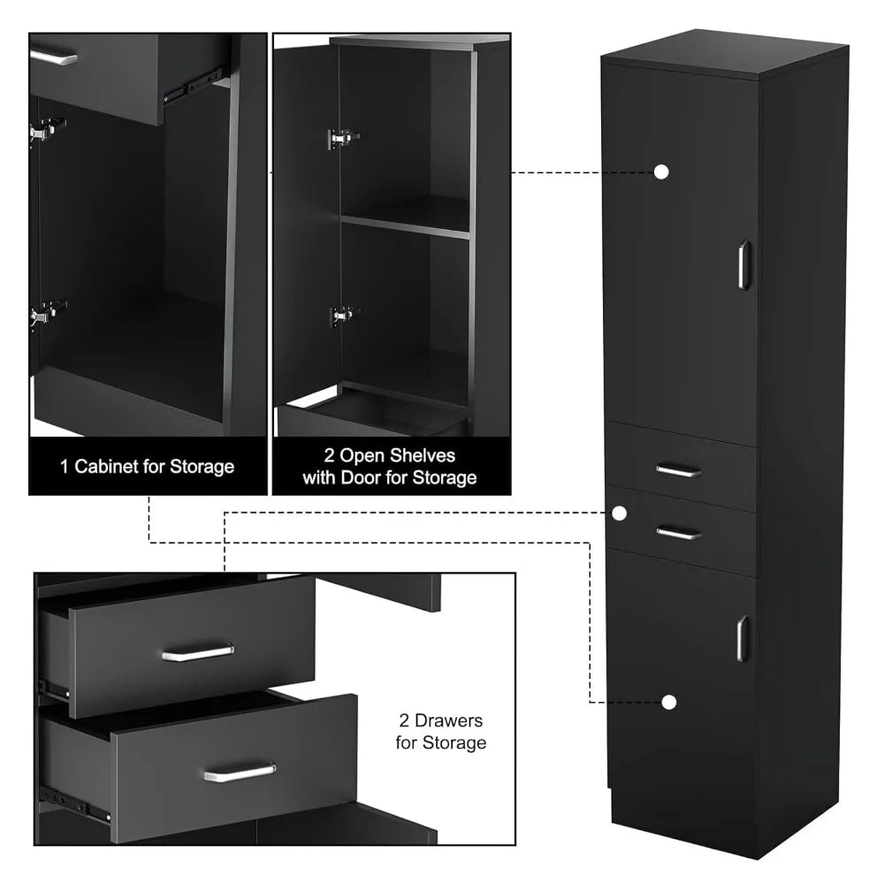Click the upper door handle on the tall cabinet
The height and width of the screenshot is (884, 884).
coord(743,264)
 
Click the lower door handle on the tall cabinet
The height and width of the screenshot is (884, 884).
coord(743,638)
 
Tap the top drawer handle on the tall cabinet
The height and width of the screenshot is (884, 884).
coord(679,471)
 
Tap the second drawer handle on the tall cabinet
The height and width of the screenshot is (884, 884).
coord(679,533)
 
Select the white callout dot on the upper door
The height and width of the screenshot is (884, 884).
coord(660,172)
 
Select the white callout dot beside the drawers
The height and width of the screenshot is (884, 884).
coord(620,513)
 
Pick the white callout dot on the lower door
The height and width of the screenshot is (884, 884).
coord(669,702)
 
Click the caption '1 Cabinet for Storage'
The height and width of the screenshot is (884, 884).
coord(147,466)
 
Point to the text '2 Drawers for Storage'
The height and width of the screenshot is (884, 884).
coord(440,733)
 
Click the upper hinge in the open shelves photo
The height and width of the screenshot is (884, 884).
coord(342,139)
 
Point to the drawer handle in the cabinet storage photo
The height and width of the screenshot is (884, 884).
coord(53,58)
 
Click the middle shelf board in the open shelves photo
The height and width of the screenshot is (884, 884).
coord(405,225)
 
